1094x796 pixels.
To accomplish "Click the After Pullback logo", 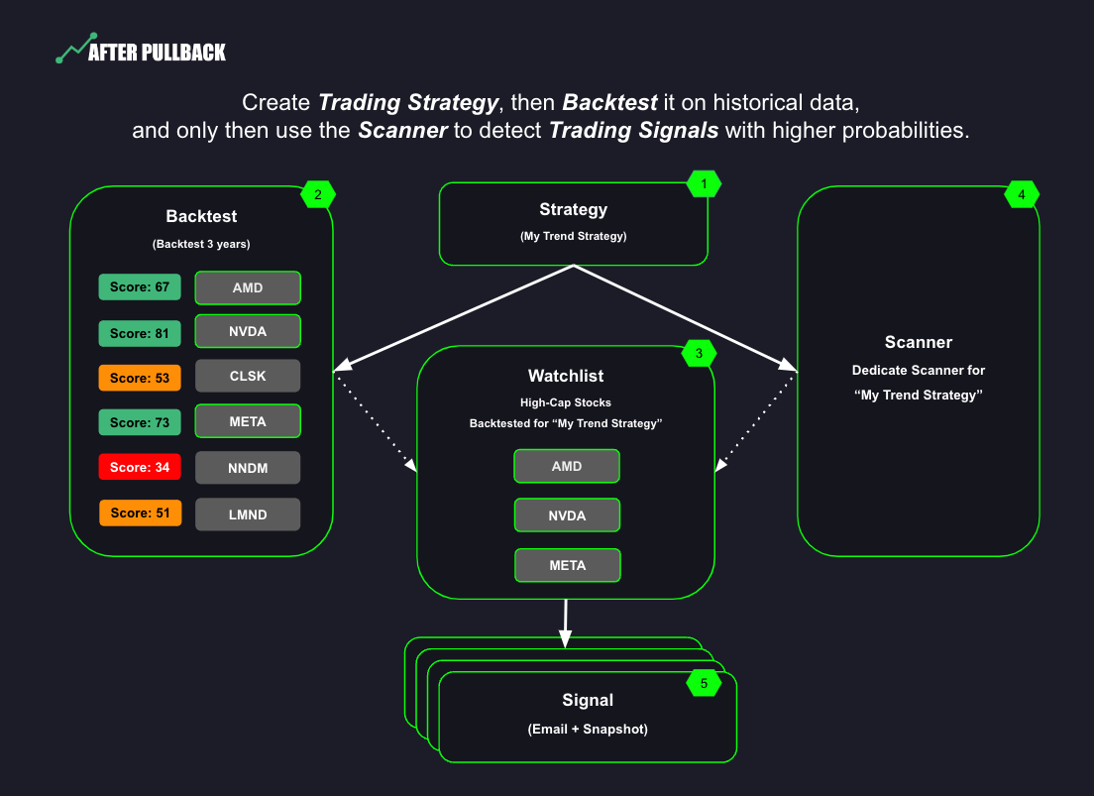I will point(141,52).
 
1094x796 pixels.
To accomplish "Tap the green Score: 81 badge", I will point(140,333).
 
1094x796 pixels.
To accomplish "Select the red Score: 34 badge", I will point(140,467).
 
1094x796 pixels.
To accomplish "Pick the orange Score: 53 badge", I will point(140,378).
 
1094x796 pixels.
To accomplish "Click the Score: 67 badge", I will point(140,287).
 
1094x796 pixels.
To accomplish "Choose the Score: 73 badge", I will point(140,422).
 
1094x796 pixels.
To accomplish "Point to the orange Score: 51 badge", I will point(140,512).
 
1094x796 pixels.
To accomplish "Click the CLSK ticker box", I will point(248,377).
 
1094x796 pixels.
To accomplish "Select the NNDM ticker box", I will point(248,467).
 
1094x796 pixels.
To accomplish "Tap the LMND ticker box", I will point(248,513).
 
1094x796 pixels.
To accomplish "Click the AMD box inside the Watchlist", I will point(567,466).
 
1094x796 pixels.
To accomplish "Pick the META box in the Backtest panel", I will point(248,421).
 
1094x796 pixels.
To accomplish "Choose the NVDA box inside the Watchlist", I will point(567,515).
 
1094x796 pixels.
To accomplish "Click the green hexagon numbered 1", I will point(704,183).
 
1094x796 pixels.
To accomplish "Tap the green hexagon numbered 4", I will point(1022,195).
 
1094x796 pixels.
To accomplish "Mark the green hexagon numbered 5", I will point(704,683).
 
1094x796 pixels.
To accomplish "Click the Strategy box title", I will point(573,209).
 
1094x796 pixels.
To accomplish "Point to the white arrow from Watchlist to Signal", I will point(565,624).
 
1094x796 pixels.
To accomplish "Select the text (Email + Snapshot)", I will point(588,729).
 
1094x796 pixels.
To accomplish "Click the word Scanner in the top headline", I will point(402,131).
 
